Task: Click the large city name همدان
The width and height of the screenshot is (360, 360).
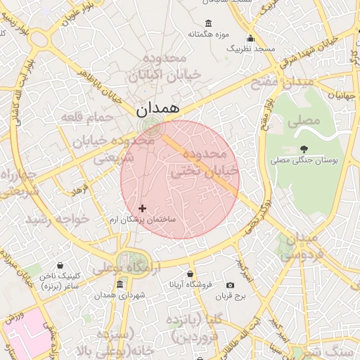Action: (157, 109)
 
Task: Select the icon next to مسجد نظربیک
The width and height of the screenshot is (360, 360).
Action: (250, 38)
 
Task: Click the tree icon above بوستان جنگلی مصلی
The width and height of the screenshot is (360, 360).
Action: (304, 149)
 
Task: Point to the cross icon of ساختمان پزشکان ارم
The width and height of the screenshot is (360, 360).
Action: (143, 208)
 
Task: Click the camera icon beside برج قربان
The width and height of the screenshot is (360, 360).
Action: (230, 285)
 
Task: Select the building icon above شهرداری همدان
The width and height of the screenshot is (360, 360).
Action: (119, 284)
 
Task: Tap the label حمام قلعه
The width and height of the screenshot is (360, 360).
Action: (86, 116)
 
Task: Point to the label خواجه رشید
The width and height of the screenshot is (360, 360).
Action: (58, 219)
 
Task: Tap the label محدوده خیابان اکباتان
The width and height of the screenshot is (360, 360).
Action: (171, 65)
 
